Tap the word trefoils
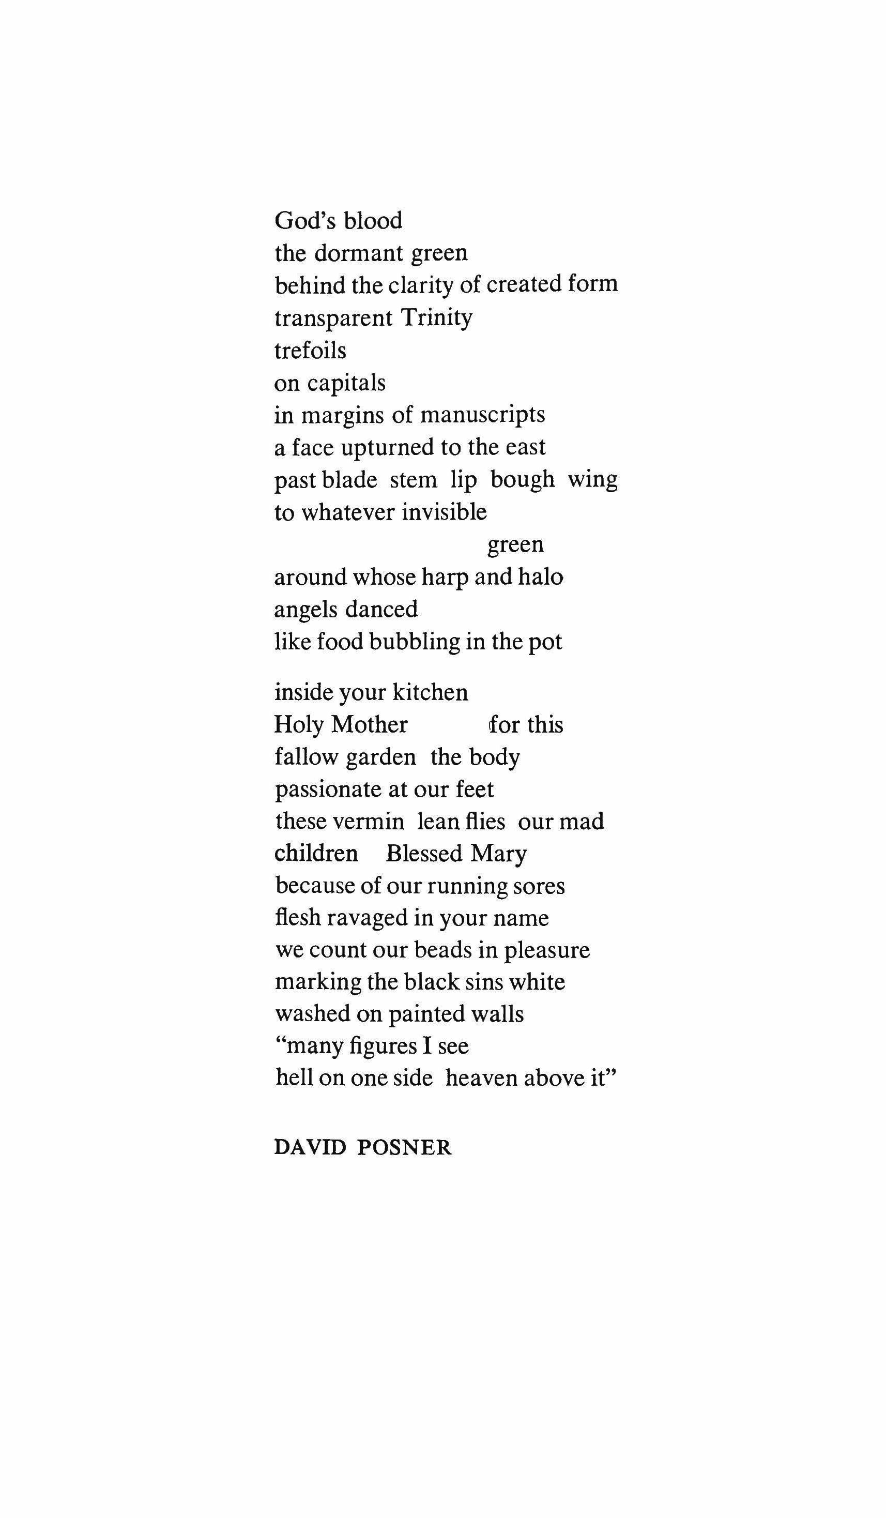tap(310, 350)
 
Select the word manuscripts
tap(482, 415)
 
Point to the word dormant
tap(358, 253)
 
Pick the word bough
tap(522, 480)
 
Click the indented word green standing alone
tap(515, 544)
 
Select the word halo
tap(540, 577)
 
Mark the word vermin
tap(370, 822)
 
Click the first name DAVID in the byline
tap(310, 1147)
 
